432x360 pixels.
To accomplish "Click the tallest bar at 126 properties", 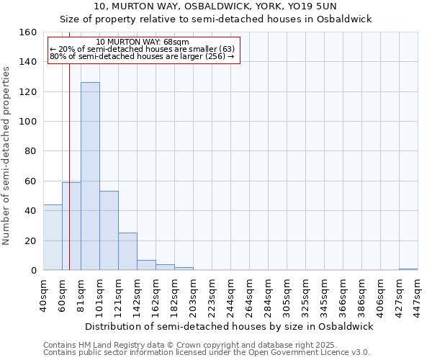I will click(x=90, y=176).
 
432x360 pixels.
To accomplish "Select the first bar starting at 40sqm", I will click(x=53, y=238).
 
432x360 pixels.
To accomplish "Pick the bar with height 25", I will click(x=127, y=251).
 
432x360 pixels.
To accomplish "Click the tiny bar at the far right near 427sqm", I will click(x=408, y=269).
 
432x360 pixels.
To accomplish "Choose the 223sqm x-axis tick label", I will click(x=212, y=294).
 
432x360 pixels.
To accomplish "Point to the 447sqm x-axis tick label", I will click(x=418, y=294).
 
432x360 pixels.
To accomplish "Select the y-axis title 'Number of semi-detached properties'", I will click(x=7, y=151).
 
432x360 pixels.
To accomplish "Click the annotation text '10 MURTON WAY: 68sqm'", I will click(x=142, y=42).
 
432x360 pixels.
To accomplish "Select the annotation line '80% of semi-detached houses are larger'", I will click(x=142, y=56).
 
